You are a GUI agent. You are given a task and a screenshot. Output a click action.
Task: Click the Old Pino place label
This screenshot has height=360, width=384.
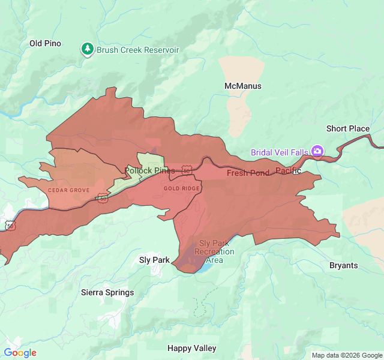[x=45, y=43]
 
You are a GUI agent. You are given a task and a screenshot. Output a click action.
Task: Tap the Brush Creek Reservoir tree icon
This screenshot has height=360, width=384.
[x=88, y=49]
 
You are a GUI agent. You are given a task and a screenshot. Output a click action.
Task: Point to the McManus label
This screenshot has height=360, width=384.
[x=243, y=86]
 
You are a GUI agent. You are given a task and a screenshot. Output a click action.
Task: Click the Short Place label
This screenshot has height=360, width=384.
[x=348, y=128]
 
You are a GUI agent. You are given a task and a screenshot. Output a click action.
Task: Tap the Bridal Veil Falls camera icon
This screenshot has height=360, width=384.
[x=317, y=151]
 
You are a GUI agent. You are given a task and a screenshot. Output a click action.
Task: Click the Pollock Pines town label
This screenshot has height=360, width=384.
[x=150, y=170]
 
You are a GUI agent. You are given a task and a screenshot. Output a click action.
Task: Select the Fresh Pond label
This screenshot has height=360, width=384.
[x=248, y=173]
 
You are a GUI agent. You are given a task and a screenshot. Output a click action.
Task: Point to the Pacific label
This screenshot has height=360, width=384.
[x=288, y=171]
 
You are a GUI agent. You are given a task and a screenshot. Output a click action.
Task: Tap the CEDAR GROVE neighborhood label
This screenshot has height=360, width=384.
[x=68, y=190]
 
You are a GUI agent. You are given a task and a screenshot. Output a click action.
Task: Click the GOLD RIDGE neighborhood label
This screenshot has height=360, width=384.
[x=182, y=188]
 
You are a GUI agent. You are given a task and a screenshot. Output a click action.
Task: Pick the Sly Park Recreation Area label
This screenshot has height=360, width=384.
[x=217, y=251]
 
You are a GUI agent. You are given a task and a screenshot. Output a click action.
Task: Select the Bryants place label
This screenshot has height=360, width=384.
[x=344, y=265]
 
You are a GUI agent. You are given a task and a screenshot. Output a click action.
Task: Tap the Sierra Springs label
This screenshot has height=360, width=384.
[x=107, y=292]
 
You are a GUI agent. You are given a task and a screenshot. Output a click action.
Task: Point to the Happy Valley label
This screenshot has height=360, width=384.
[x=192, y=348]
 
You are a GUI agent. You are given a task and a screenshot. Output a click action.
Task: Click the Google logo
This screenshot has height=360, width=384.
[x=20, y=353]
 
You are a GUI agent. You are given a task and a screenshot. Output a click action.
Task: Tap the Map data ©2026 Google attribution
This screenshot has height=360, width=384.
[x=347, y=355]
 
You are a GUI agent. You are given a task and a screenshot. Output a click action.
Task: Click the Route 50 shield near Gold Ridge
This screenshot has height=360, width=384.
[x=188, y=171]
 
